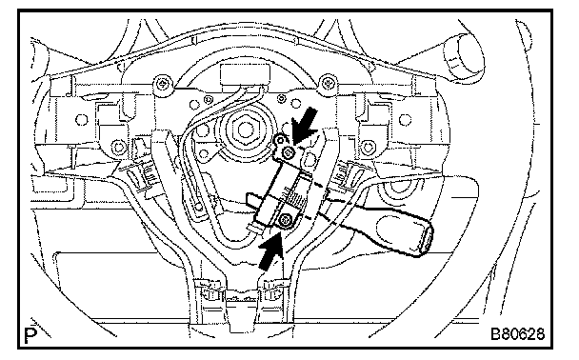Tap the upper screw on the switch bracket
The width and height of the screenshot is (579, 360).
point(288,151)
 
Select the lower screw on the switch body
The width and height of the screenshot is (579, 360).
point(285,220)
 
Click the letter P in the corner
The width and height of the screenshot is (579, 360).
point(30,335)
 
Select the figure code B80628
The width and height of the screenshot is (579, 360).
point(517,334)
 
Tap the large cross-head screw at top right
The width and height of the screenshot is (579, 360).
point(327,82)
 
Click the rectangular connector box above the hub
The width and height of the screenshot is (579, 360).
point(244,74)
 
